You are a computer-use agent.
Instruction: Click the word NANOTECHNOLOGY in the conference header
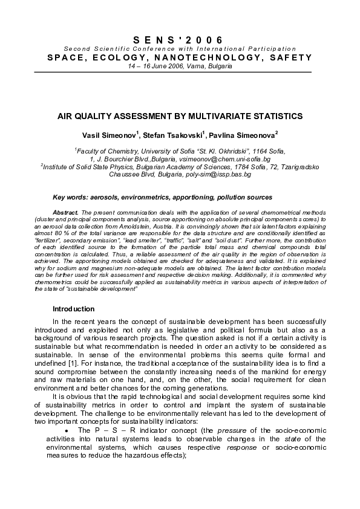pos(193,57)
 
